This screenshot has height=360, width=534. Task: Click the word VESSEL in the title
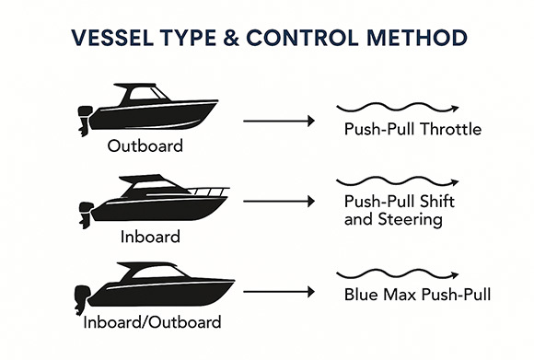[112, 38]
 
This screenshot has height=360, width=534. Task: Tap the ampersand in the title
[232, 38]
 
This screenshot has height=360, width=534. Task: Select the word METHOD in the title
[417, 38]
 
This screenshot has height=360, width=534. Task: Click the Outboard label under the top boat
[145, 145]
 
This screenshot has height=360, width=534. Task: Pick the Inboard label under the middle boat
[150, 237]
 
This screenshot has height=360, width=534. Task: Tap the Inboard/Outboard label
[152, 322]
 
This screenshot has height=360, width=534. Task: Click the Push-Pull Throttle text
[412, 129]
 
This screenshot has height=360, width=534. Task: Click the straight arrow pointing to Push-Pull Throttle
[279, 121]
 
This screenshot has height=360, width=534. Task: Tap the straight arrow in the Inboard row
[279, 202]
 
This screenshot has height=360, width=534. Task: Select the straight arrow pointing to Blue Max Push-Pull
[279, 292]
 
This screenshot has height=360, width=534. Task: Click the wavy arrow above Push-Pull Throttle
[398, 108]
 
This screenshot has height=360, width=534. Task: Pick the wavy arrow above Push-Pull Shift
[398, 181]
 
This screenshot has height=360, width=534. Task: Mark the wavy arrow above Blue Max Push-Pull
[398, 274]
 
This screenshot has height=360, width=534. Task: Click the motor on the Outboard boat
[85, 121]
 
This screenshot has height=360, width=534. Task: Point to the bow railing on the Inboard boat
[208, 192]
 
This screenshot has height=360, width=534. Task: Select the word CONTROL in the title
[302, 38]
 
